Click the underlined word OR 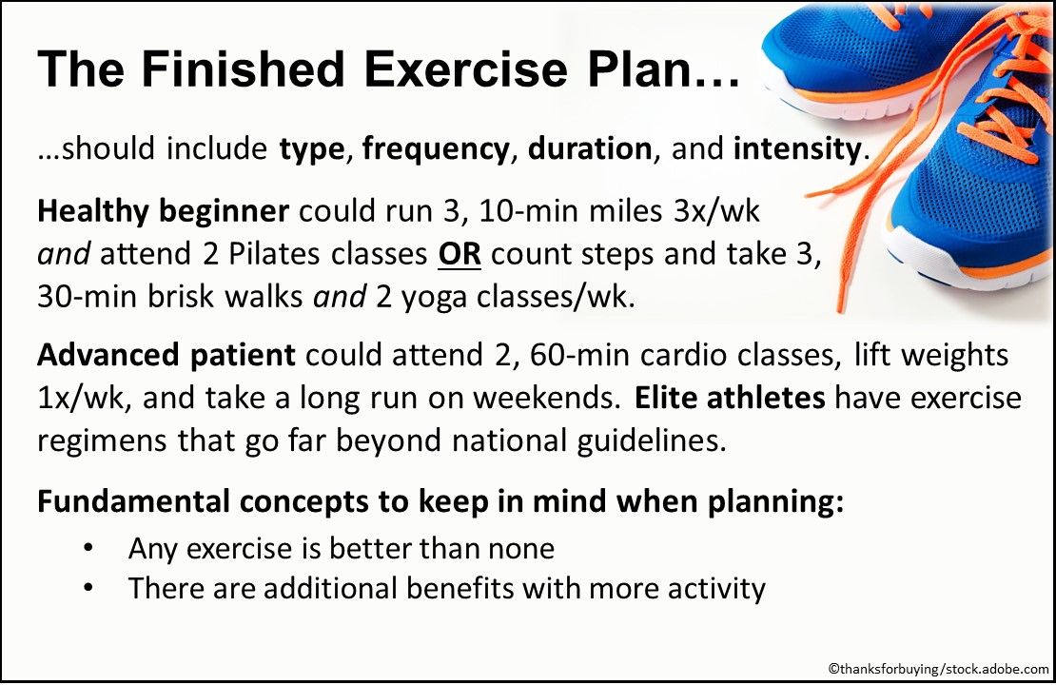(460, 254)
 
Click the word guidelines (638, 441)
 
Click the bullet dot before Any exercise (88, 550)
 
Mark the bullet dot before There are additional (88, 589)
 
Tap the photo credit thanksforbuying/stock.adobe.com (937, 670)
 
